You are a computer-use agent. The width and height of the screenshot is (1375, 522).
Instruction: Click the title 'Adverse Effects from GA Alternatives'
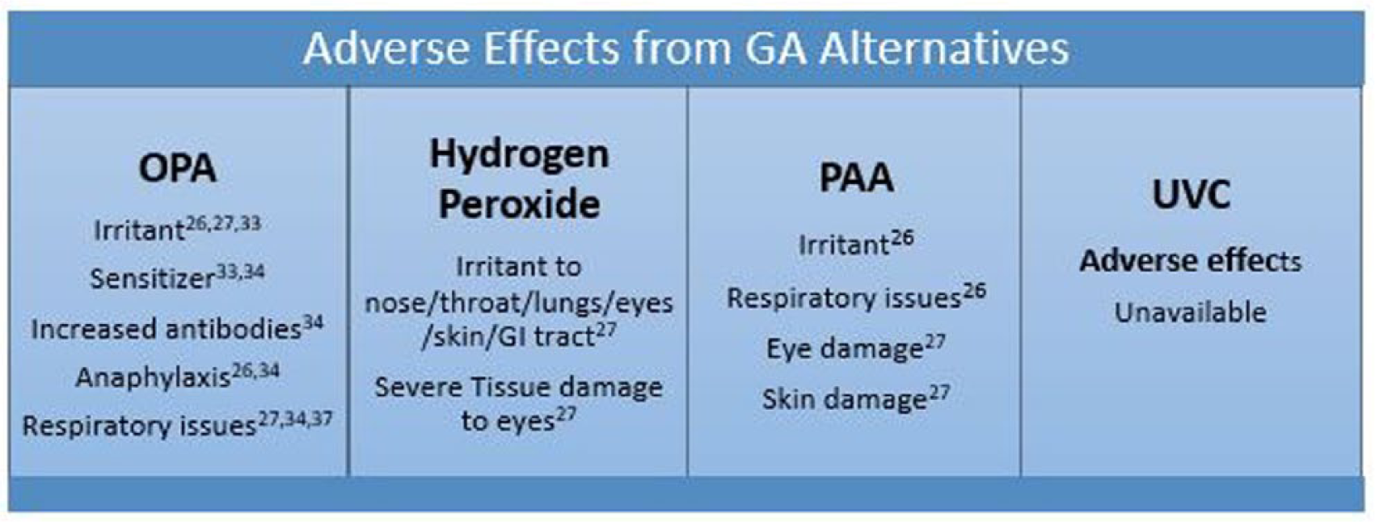[685, 48]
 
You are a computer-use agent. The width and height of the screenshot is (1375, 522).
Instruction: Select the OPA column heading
[177, 168]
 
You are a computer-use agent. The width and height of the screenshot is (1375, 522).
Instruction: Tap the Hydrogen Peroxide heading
[519, 179]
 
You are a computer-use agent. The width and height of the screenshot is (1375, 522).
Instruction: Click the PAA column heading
[856, 177]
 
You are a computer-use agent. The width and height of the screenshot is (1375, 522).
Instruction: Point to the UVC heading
[1191, 195]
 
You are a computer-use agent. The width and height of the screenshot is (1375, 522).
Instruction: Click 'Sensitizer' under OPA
[152, 279]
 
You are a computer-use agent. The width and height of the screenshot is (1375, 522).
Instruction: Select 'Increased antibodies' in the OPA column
[167, 330]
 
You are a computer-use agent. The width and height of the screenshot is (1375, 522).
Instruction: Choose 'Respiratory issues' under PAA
[844, 299]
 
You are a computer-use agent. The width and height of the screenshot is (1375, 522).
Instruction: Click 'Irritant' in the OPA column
[139, 231]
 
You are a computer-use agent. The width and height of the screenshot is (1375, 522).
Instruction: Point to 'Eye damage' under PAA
[846, 350]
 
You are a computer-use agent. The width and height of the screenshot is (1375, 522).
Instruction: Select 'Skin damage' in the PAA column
[845, 400]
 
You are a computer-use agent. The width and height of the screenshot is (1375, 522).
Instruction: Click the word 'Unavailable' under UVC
[1190, 313]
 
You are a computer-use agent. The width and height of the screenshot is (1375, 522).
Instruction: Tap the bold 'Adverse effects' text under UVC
[1190, 261]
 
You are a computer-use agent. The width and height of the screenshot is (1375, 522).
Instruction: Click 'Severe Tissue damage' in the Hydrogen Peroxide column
[519, 388]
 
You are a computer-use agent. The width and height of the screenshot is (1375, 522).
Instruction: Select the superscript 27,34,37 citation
[295, 419]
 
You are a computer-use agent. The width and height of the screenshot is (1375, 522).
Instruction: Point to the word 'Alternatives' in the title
[945, 48]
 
